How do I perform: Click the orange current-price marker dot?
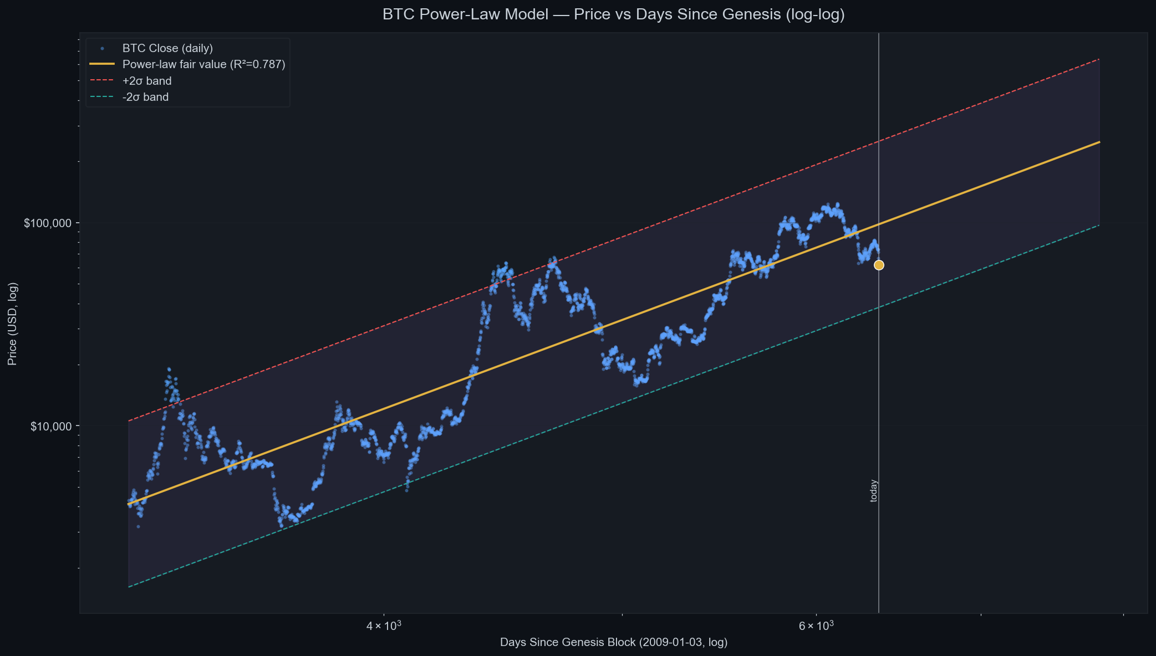point(879,265)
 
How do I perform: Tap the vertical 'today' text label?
point(874,491)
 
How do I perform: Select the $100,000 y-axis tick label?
point(48,223)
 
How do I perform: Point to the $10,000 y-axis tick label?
point(51,427)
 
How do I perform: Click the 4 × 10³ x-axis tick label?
point(383,626)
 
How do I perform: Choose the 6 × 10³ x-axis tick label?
point(816,626)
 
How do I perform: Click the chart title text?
point(614,14)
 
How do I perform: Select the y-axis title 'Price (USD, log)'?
point(12,324)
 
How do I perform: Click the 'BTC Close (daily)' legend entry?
point(167,48)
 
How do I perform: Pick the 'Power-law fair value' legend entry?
point(187,64)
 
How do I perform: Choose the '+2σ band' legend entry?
point(147,81)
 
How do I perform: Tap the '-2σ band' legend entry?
point(145,97)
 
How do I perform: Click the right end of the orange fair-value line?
point(1099,142)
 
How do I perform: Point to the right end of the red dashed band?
point(1099,59)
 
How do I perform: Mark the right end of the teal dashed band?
point(1099,225)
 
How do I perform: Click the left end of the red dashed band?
point(129,421)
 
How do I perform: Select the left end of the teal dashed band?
point(129,587)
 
